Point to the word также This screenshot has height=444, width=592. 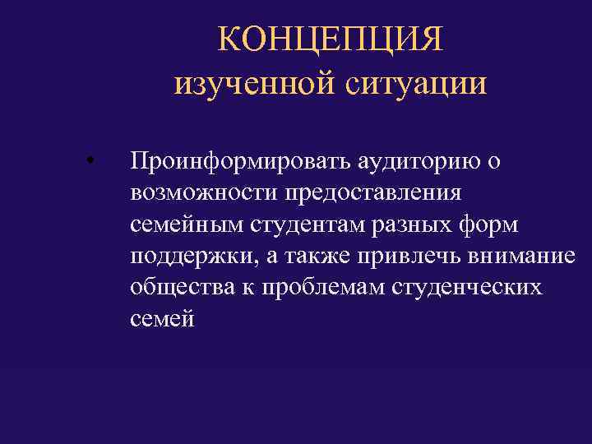[319, 256]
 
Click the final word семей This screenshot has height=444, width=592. [162, 318]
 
